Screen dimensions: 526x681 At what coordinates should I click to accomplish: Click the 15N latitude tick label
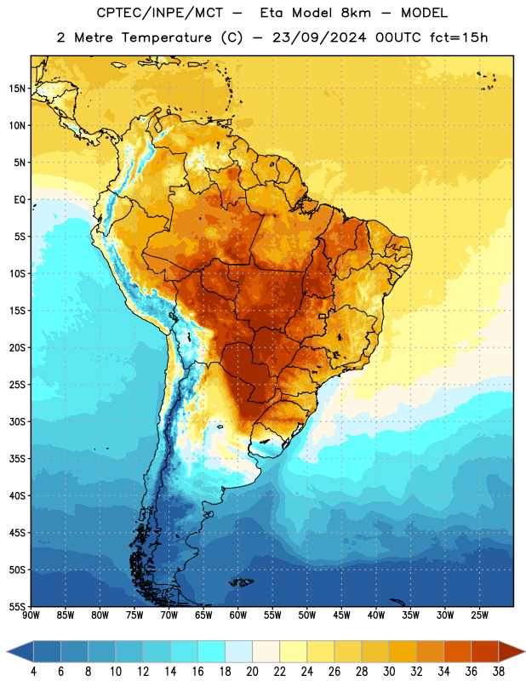[x=17, y=89]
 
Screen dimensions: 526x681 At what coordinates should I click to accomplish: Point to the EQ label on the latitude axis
[x=20, y=200]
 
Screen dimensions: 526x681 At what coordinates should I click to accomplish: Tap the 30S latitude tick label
[x=17, y=421]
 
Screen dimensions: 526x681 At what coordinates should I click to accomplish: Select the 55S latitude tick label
[x=17, y=606]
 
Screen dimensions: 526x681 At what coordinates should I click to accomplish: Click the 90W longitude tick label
[x=31, y=615]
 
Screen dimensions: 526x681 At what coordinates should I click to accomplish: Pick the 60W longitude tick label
[x=238, y=615]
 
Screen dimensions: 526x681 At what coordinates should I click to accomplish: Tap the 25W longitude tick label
[x=479, y=615]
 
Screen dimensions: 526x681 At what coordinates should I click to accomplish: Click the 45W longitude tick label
[x=341, y=615]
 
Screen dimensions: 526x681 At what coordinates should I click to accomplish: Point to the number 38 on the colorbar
[x=499, y=672]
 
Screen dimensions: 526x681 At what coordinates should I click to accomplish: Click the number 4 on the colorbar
[x=33, y=672]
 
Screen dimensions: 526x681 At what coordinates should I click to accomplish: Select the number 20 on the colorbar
[x=252, y=672]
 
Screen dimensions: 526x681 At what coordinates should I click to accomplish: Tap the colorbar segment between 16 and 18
[x=212, y=651]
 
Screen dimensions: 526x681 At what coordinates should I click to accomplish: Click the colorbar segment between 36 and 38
[x=485, y=651]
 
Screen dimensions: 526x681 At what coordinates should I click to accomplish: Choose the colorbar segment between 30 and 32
[x=403, y=651]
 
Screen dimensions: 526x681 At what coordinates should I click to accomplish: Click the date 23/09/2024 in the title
[x=319, y=37]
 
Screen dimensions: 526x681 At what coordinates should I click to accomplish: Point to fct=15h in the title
[x=459, y=37]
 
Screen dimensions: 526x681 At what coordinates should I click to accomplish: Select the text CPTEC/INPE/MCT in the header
[x=159, y=13]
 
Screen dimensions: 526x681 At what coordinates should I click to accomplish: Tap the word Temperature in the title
[x=166, y=38]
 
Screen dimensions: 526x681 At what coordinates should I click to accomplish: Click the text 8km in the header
[x=356, y=13]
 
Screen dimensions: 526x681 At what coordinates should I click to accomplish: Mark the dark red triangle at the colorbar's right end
[x=510, y=651]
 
